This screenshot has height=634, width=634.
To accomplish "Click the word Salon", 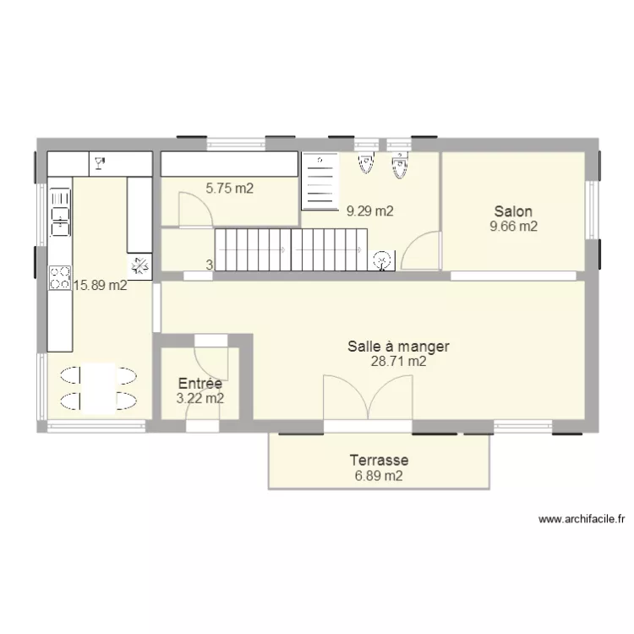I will click(x=513, y=211).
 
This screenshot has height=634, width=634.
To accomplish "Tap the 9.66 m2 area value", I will click(x=513, y=226).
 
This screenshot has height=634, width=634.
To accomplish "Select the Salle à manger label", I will click(x=398, y=346).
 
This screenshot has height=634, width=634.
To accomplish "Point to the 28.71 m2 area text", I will click(x=398, y=361).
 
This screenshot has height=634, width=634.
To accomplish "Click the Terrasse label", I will click(x=379, y=461).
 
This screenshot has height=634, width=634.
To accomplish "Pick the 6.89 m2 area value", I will click(x=379, y=476).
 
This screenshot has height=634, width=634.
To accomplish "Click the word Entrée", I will click(x=199, y=384).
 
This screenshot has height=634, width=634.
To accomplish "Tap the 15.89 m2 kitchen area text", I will click(x=101, y=286).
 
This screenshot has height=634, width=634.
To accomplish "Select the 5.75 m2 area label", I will click(x=229, y=189).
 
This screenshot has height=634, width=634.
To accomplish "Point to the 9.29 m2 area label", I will click(x=369, y=211).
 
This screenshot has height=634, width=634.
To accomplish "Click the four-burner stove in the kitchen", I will click(x=60, y=277).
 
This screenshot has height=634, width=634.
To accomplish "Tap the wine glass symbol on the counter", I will click(x=100, y=163).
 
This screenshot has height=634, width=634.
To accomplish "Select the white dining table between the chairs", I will click(x=100, y=388).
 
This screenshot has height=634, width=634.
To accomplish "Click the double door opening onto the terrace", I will click(x=368, y=397).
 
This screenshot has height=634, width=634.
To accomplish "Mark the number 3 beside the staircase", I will click(x=209, y=265).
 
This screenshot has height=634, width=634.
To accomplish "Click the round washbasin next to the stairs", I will click(x=384, y=260).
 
